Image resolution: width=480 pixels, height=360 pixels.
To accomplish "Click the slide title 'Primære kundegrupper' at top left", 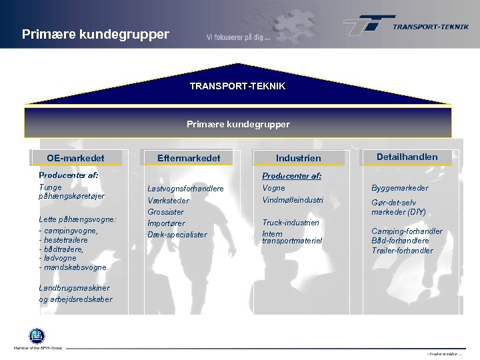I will point(95,33).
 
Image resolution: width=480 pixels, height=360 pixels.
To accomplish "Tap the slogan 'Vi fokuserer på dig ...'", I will point(238,37).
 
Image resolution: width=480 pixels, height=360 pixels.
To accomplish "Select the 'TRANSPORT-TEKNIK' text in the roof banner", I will point(237,87).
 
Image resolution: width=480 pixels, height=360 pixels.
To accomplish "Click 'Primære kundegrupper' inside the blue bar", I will point(237,124).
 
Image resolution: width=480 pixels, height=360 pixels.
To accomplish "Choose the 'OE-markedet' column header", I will point(75,158).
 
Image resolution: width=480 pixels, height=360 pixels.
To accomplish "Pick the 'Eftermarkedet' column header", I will point(188,158).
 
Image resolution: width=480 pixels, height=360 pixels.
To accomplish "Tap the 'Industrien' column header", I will point(298,159).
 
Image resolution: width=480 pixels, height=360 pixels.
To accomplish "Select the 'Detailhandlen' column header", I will point(407,157).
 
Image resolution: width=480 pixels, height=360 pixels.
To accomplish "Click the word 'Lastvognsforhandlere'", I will point(185,189).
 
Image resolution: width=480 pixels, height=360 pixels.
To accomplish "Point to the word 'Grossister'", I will point(166,212).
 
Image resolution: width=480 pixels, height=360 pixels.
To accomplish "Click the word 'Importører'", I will point(166,223).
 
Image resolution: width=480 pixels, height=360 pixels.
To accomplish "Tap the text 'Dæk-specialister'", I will point(177,235).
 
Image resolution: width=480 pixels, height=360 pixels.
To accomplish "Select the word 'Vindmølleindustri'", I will point(293,200).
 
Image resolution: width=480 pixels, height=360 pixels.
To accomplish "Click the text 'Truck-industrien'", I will point(291,223).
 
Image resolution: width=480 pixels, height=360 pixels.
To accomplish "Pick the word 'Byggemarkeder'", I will point(400,189).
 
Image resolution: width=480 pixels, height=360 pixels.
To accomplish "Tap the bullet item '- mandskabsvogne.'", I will point(74,267).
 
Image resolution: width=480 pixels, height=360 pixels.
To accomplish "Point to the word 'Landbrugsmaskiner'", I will point(74,288).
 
